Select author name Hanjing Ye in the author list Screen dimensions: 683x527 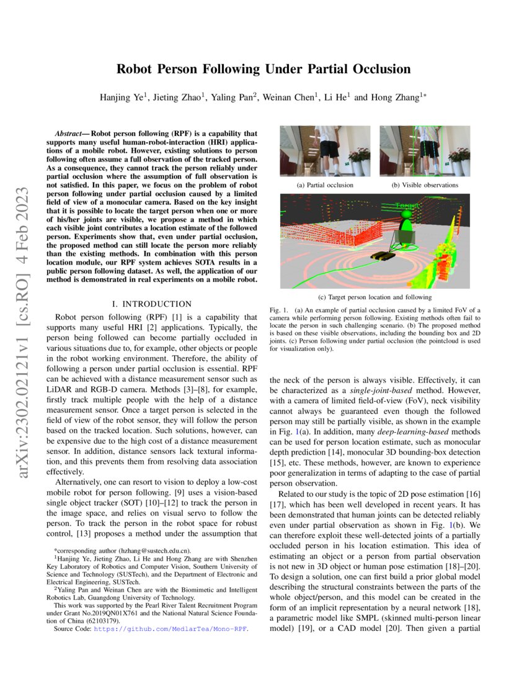tap(122, 97)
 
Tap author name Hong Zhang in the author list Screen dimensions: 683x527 tap(396, 97)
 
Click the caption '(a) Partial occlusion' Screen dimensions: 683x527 tap(325, 185)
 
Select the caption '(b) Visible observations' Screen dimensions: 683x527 tap(425, 185)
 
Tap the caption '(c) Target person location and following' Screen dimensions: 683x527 tap(374, 297)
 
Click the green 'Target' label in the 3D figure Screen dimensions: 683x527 tap(407, 205)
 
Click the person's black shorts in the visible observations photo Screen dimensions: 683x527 tap(426, 149)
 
